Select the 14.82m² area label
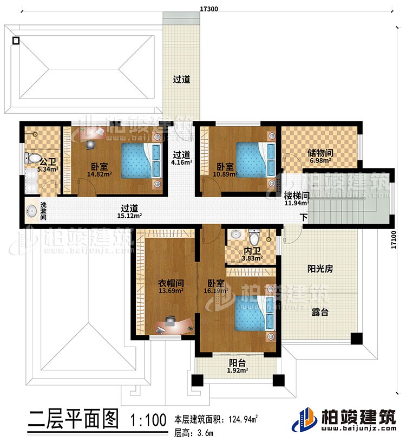(x=100, y=175)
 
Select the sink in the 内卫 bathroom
(x=236, y=235)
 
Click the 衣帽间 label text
(x=171, y=282)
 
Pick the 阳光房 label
(x=319, y=270)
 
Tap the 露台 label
(x=319, y=312)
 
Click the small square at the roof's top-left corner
(x=16, y=40)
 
